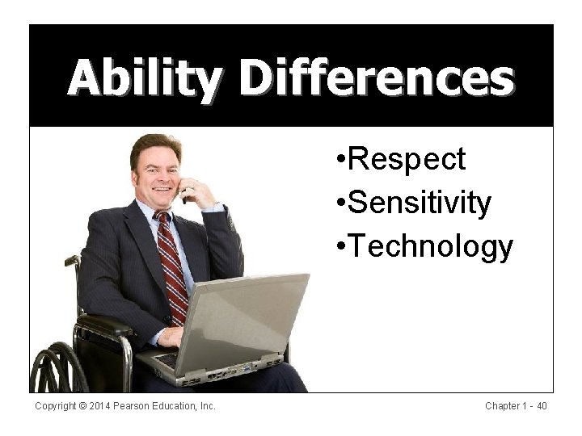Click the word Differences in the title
377,78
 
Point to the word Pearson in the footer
137,406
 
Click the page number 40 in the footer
541,406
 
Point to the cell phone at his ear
184,192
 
